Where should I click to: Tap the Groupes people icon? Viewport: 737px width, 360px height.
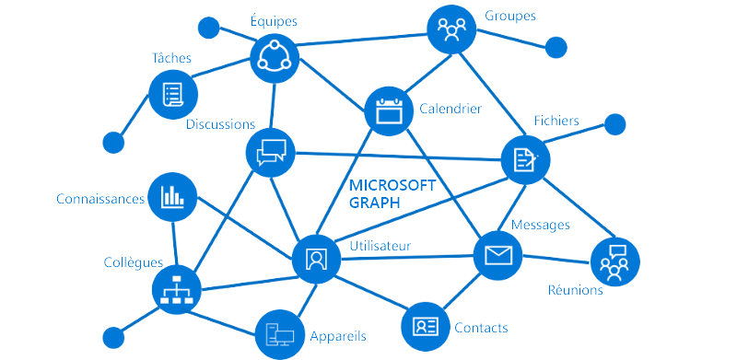(451, 31)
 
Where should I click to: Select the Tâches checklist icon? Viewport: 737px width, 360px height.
(172, 94)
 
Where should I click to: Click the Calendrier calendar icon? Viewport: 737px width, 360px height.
(391, 110)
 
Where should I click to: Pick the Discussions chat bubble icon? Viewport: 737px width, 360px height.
(272, 151)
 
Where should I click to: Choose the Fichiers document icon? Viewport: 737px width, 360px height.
(525, 159)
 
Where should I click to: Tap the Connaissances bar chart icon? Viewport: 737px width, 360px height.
(172, 196)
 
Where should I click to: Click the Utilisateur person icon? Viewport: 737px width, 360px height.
(316, 258)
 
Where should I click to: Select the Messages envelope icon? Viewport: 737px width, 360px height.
(497, 255)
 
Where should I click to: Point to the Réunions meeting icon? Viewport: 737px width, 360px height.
(614, 261)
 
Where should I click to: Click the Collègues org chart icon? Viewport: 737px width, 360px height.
(175, 290)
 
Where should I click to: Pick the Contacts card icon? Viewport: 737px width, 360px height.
(426, 326)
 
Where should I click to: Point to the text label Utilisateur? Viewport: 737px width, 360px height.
(380, 246)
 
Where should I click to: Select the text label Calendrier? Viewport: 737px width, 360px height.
(450, 109)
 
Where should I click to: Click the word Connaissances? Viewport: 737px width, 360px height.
(100, 199)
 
